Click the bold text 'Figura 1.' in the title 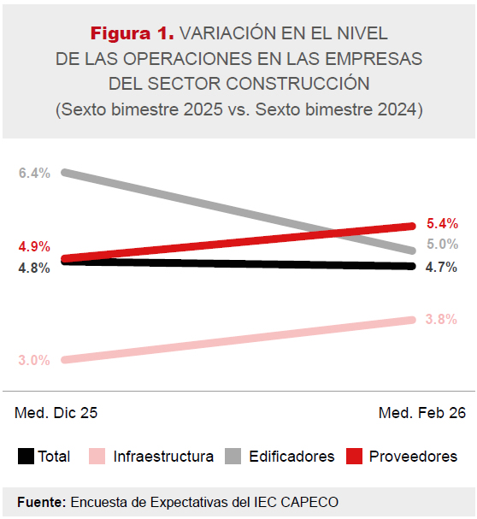[132, 33]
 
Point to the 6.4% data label [34, 174]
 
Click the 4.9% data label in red [34, 247]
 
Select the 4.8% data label [34, 268]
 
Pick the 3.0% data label [34, 360]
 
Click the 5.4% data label [442, 224]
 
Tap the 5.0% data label [442, 245]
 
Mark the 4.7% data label [442, 267]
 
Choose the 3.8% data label [442, 320]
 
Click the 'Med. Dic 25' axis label [56, 413]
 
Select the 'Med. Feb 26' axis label [422, 413]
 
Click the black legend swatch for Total [26, 456]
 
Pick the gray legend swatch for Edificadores [233, 456]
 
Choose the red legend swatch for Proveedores [353, 456]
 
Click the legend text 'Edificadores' [291, 457]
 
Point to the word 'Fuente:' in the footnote [41, 501]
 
